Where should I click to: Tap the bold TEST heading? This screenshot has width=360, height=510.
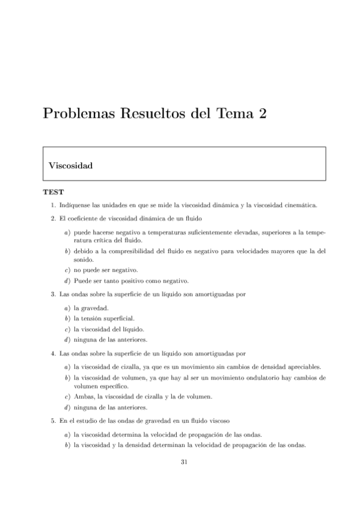click(53, 193)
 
